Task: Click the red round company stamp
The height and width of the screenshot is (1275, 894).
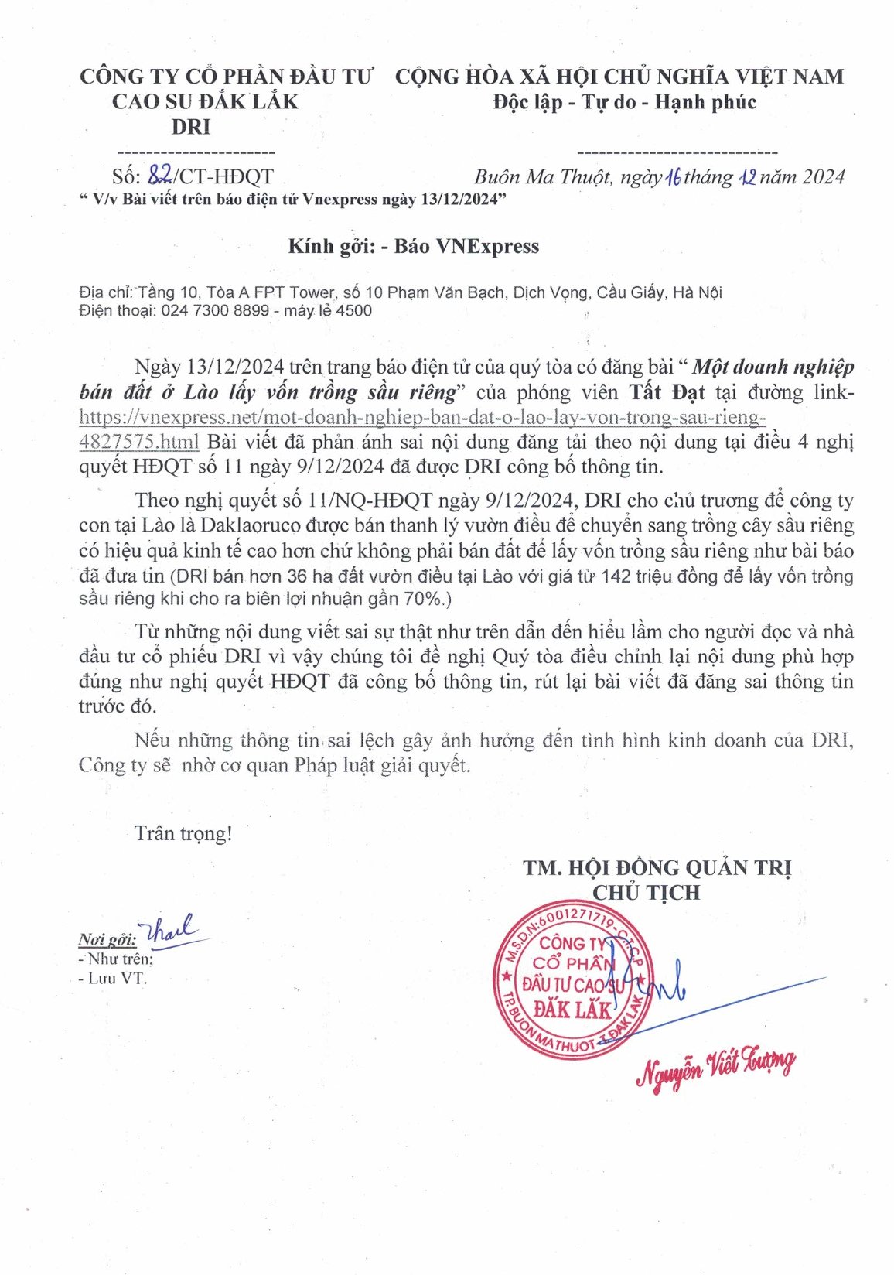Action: point(572,979)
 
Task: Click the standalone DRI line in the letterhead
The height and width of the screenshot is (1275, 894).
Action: point(191,127)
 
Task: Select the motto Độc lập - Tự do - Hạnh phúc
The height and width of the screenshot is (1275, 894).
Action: point(625,102)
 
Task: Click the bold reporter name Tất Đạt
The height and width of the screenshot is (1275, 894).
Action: point(666,392)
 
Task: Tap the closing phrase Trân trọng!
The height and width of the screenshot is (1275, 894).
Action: point(183,833)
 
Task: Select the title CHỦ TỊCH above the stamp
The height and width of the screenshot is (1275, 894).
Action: point(647,893)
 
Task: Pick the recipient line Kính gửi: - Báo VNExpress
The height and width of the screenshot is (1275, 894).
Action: point(414,247)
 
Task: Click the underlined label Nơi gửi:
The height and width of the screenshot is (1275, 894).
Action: point(107,940)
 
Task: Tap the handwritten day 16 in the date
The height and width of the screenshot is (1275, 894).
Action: point(672,177)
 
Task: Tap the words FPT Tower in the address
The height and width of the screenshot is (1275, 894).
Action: point(294,292)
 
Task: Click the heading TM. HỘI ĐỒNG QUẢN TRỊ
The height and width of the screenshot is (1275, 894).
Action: point(657,868)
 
